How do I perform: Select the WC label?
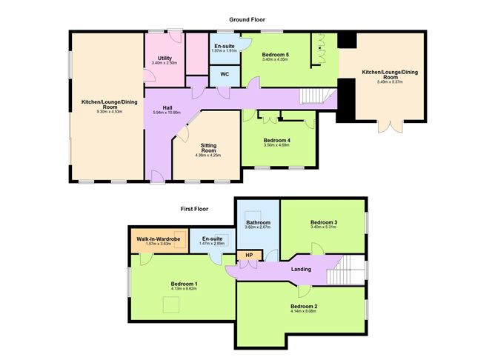(x=223, y=76)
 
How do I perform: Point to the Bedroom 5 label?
(x=276, y=55)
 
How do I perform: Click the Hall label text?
(x=167, y=107)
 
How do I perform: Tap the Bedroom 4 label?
(x=278, y=140)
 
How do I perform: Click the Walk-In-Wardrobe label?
(x=153, y=239)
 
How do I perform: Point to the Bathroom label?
(x=257, y=221)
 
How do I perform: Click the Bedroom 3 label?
(x=324, y=223)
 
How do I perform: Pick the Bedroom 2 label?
(x=304, y=307)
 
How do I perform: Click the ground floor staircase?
(x=314, y=96)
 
